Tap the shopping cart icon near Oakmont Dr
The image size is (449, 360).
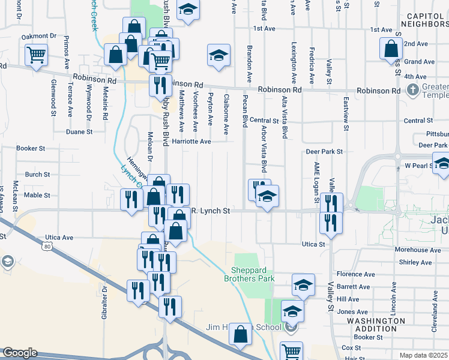pyautogui.click(x=36, y=55)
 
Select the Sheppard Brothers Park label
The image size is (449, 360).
pyautogui.click(x=249, y=274)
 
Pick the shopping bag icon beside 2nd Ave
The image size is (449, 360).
pyautogui.click(x=391, y=47)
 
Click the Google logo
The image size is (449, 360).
pyautogui.click(x=19, y=353)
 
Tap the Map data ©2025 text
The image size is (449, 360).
pyautogui.click(x=423, y=355)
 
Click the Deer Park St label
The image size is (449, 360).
pyautogui.click(x=324, y=152)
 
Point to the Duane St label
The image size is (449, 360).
pyautogui.click(x=79, y=131)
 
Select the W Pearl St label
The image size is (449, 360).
pyautogui.click(x=418, y=165)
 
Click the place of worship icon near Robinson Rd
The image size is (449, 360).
pyautogui.click(x=412, y=91)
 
